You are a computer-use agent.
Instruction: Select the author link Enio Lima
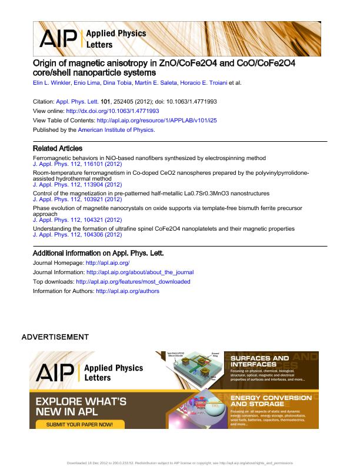[88, 83]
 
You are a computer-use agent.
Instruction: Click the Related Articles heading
[58, 148]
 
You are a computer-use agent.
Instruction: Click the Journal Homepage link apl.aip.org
[108, 263]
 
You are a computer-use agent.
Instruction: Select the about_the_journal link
[139, 272]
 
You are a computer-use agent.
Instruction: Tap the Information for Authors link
[127, 291]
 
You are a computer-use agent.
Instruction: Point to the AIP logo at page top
[58, 39]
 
